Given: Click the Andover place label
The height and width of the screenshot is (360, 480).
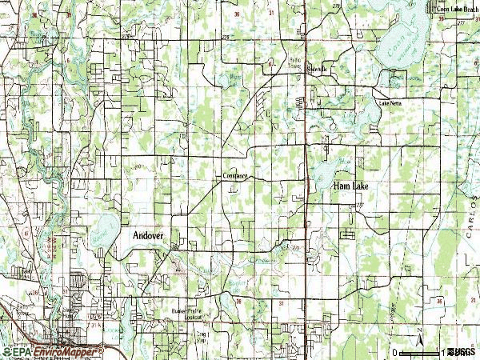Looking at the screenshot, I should click(x=148, y=237).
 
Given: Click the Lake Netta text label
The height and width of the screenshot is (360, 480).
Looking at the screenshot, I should click(x=390, y=102).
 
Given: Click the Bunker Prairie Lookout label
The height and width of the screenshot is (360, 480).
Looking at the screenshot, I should click(x=184, y=313).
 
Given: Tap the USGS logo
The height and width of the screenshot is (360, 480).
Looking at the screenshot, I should click(x=462, y=352).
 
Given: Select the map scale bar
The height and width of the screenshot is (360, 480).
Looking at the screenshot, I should click(x=420, y=350).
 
